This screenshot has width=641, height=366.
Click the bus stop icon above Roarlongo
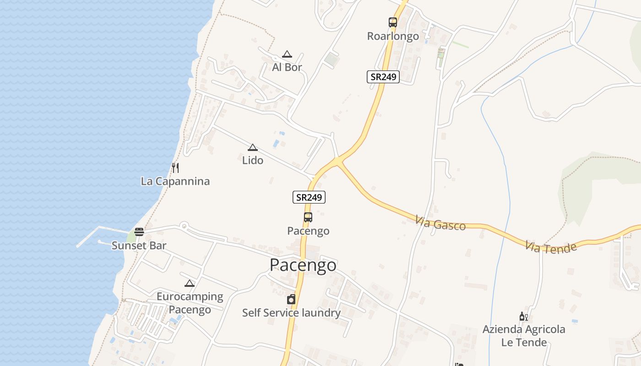point(393,22)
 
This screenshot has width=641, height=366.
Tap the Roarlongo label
point(393,36)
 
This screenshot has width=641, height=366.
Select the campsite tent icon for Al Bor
point(287,54)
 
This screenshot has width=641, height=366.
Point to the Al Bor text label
point(287,67)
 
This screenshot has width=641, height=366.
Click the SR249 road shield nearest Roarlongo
point(383,77)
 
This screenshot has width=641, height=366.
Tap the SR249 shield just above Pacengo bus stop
point(309,197)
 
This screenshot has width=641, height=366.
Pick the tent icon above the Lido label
point(252,147)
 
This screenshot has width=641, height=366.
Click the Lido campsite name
point(253,160)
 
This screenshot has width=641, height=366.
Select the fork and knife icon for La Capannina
point(175,167)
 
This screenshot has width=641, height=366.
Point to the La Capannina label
point(175,181)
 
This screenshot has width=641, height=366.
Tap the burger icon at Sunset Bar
point(139,232)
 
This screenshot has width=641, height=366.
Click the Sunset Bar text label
point(139,246)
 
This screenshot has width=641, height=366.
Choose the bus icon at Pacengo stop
point(308,217)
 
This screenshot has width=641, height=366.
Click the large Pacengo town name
point(303,265)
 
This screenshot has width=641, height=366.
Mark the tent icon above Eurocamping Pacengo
point(190,283)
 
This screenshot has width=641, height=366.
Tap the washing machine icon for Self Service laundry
point(291,300)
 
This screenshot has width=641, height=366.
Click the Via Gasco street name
point(440,223)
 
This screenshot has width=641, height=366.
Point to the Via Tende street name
point(551,247)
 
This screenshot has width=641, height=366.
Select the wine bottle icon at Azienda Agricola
point(524,316)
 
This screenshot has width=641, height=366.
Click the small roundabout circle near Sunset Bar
point(184,225)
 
